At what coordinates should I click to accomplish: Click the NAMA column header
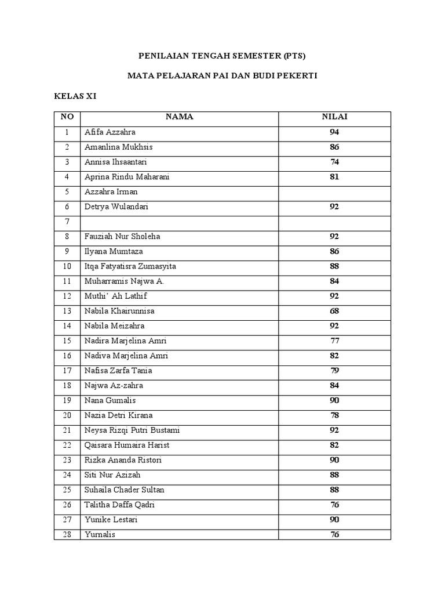tap(179, 117)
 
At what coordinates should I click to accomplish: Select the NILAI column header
tap(334, 117)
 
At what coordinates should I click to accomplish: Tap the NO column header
tap(67, 117)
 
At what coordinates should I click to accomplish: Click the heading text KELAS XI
tap(75, 96)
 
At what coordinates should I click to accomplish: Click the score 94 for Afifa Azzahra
tap(334, 132)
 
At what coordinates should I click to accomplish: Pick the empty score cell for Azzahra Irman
tap(334, 192)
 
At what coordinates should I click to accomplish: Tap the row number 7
tap(67, 222)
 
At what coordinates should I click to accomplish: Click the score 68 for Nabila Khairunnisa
tap(334, 311)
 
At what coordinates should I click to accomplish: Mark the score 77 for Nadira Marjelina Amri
tap(334, 341)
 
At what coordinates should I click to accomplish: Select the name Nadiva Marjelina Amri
tap(126, 356)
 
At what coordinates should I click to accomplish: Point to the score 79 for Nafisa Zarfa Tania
tap(334, 371)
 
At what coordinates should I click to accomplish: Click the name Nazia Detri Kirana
tap(119, 415)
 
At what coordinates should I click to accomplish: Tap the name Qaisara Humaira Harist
tap(127, 445)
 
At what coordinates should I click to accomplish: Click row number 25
tap(67, 490)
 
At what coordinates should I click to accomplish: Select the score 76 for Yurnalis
tap(334, 535)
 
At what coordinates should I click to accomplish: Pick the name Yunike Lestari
tap(111, 520)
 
